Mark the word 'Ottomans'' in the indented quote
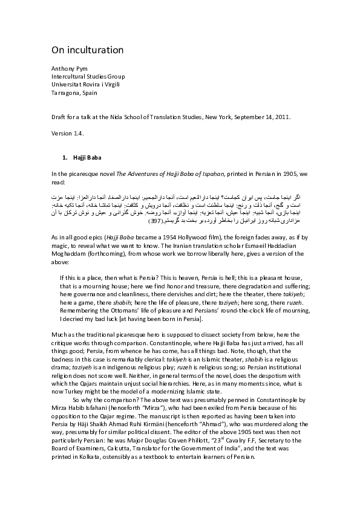click(x=120, y=311)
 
